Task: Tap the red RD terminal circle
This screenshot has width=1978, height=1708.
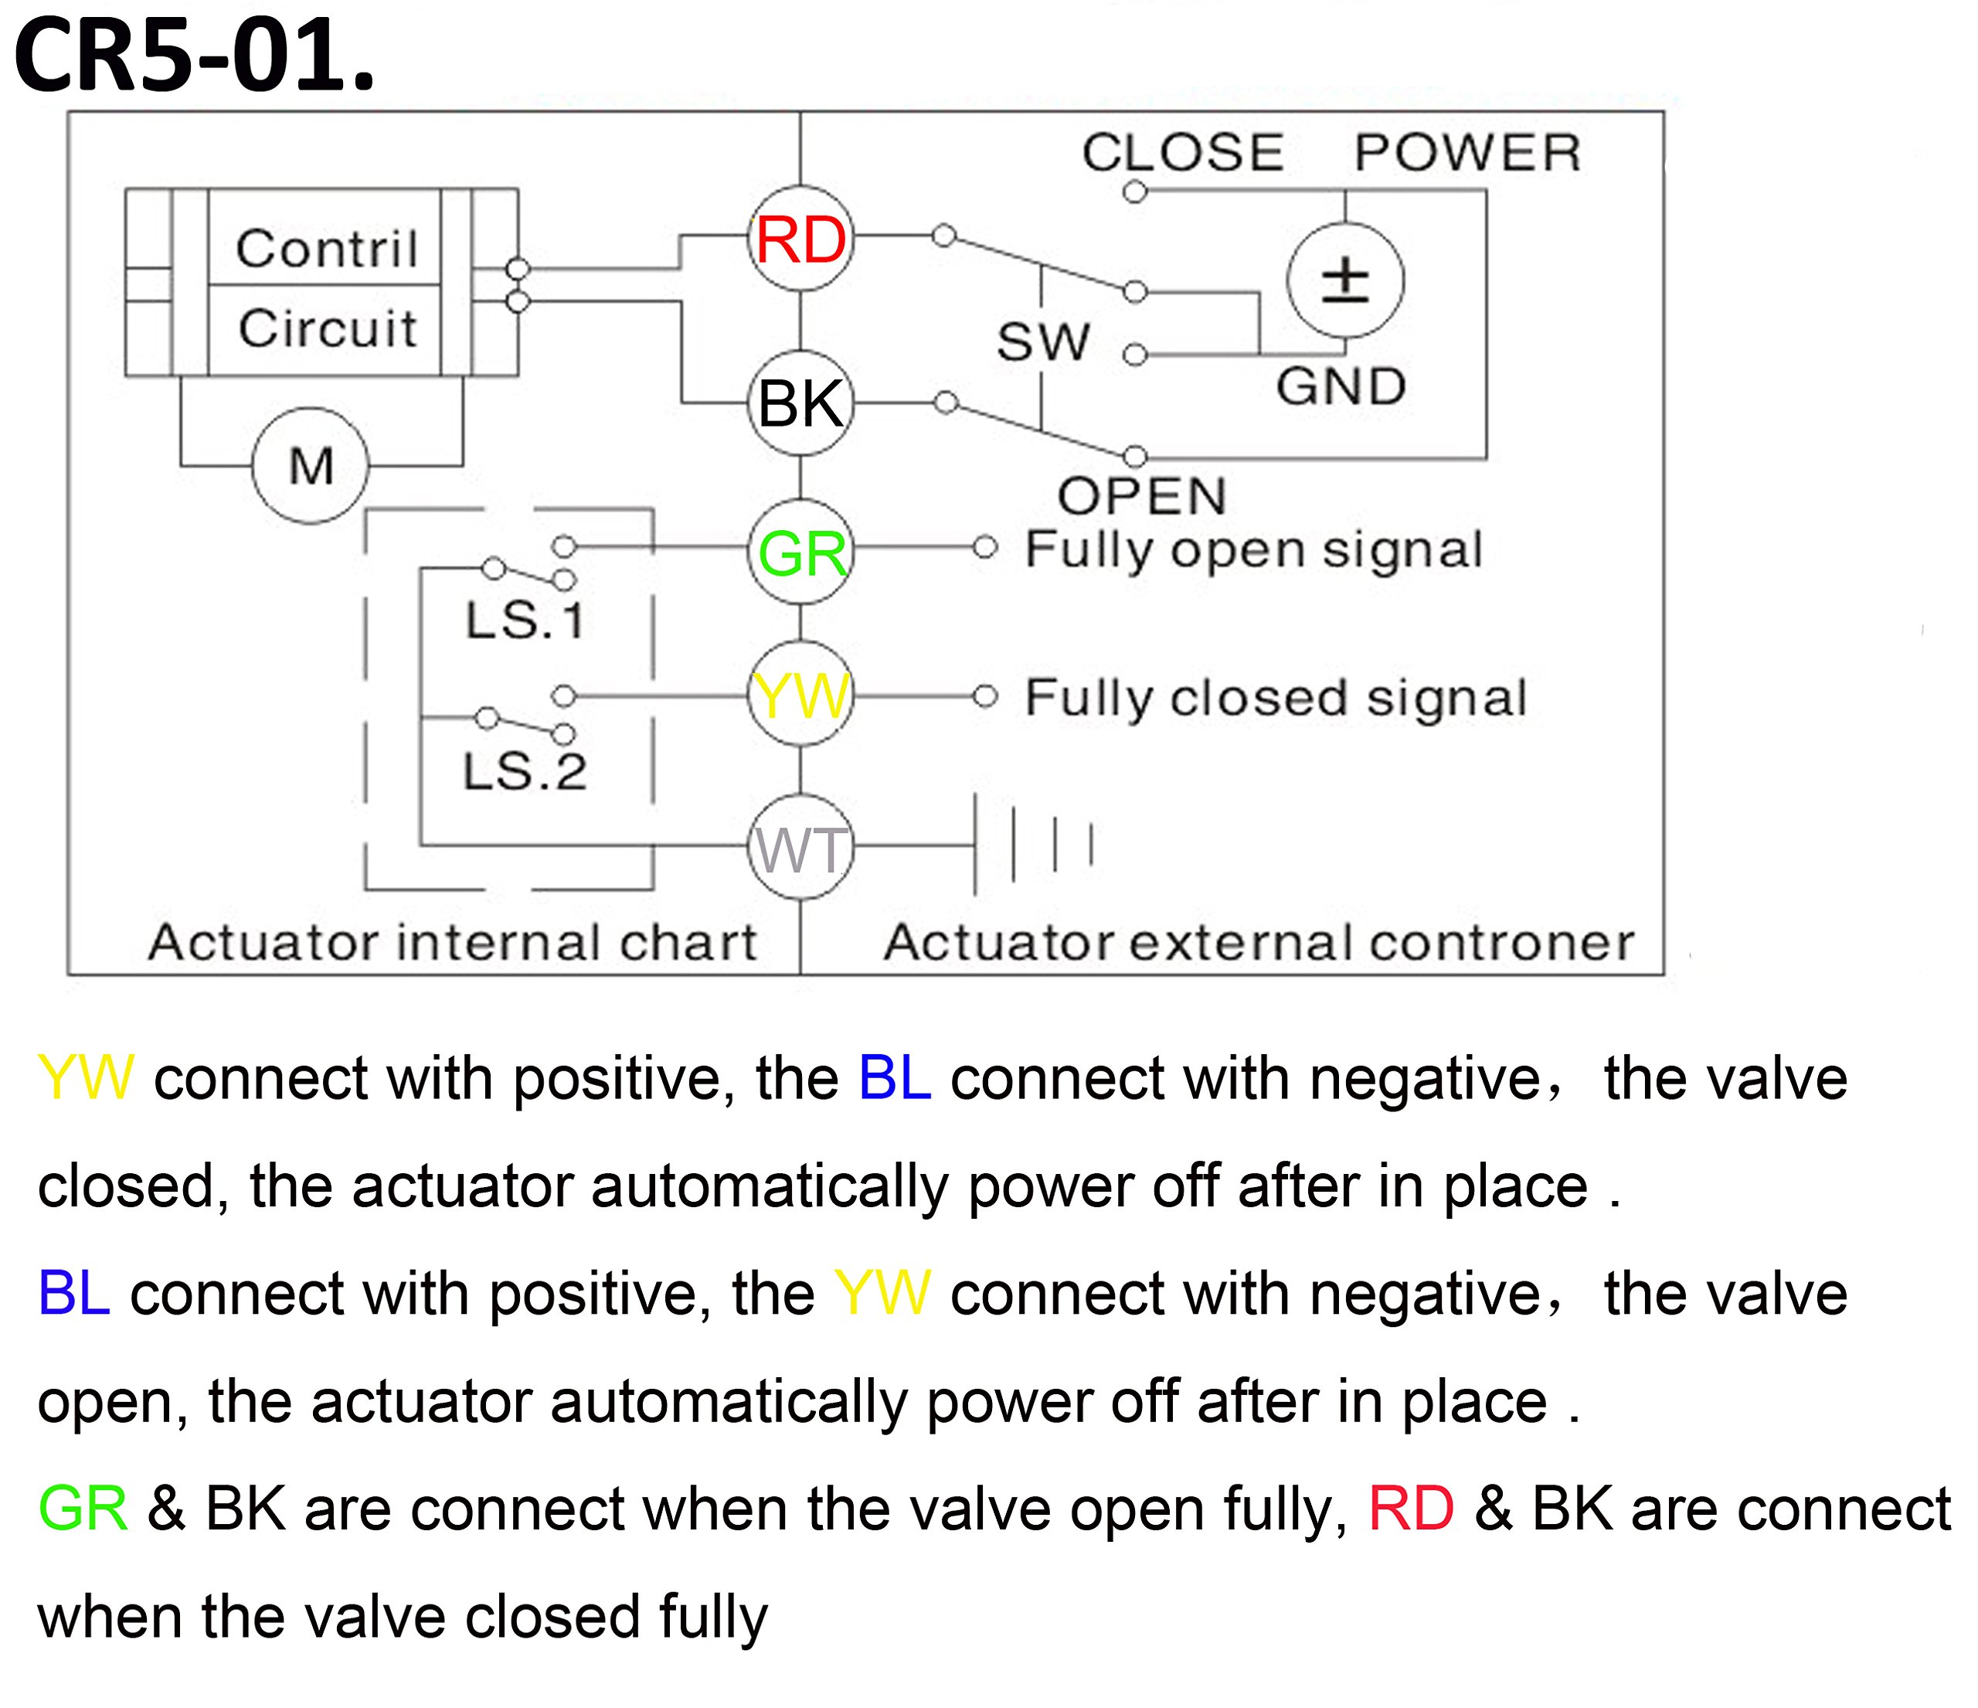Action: pos(800,239)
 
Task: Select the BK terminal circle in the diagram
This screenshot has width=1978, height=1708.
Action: pos(800,403)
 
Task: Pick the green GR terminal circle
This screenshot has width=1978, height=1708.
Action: pos(800,552)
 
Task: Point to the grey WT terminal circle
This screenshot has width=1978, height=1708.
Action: pos(800,847)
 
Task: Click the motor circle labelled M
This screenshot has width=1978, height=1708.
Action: pos(311,466)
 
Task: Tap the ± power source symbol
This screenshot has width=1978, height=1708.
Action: pos(1345,280)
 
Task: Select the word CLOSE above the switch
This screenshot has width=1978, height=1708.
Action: pos(1182,153)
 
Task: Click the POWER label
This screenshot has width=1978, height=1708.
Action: pos(1467,153)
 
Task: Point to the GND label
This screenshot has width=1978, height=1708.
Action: pos(1341,386)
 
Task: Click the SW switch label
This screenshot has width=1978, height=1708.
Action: pos(1042,342)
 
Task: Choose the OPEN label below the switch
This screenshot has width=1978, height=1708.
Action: pos(1142,496)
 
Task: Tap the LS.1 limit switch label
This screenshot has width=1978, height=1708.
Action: pos(524,621)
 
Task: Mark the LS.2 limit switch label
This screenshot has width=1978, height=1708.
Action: pos(524,771)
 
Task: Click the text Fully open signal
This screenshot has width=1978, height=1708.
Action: pos(1253,550)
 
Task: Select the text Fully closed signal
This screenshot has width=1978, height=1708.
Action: pos(1276,698)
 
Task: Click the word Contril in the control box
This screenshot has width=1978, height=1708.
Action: pos(327,249)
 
